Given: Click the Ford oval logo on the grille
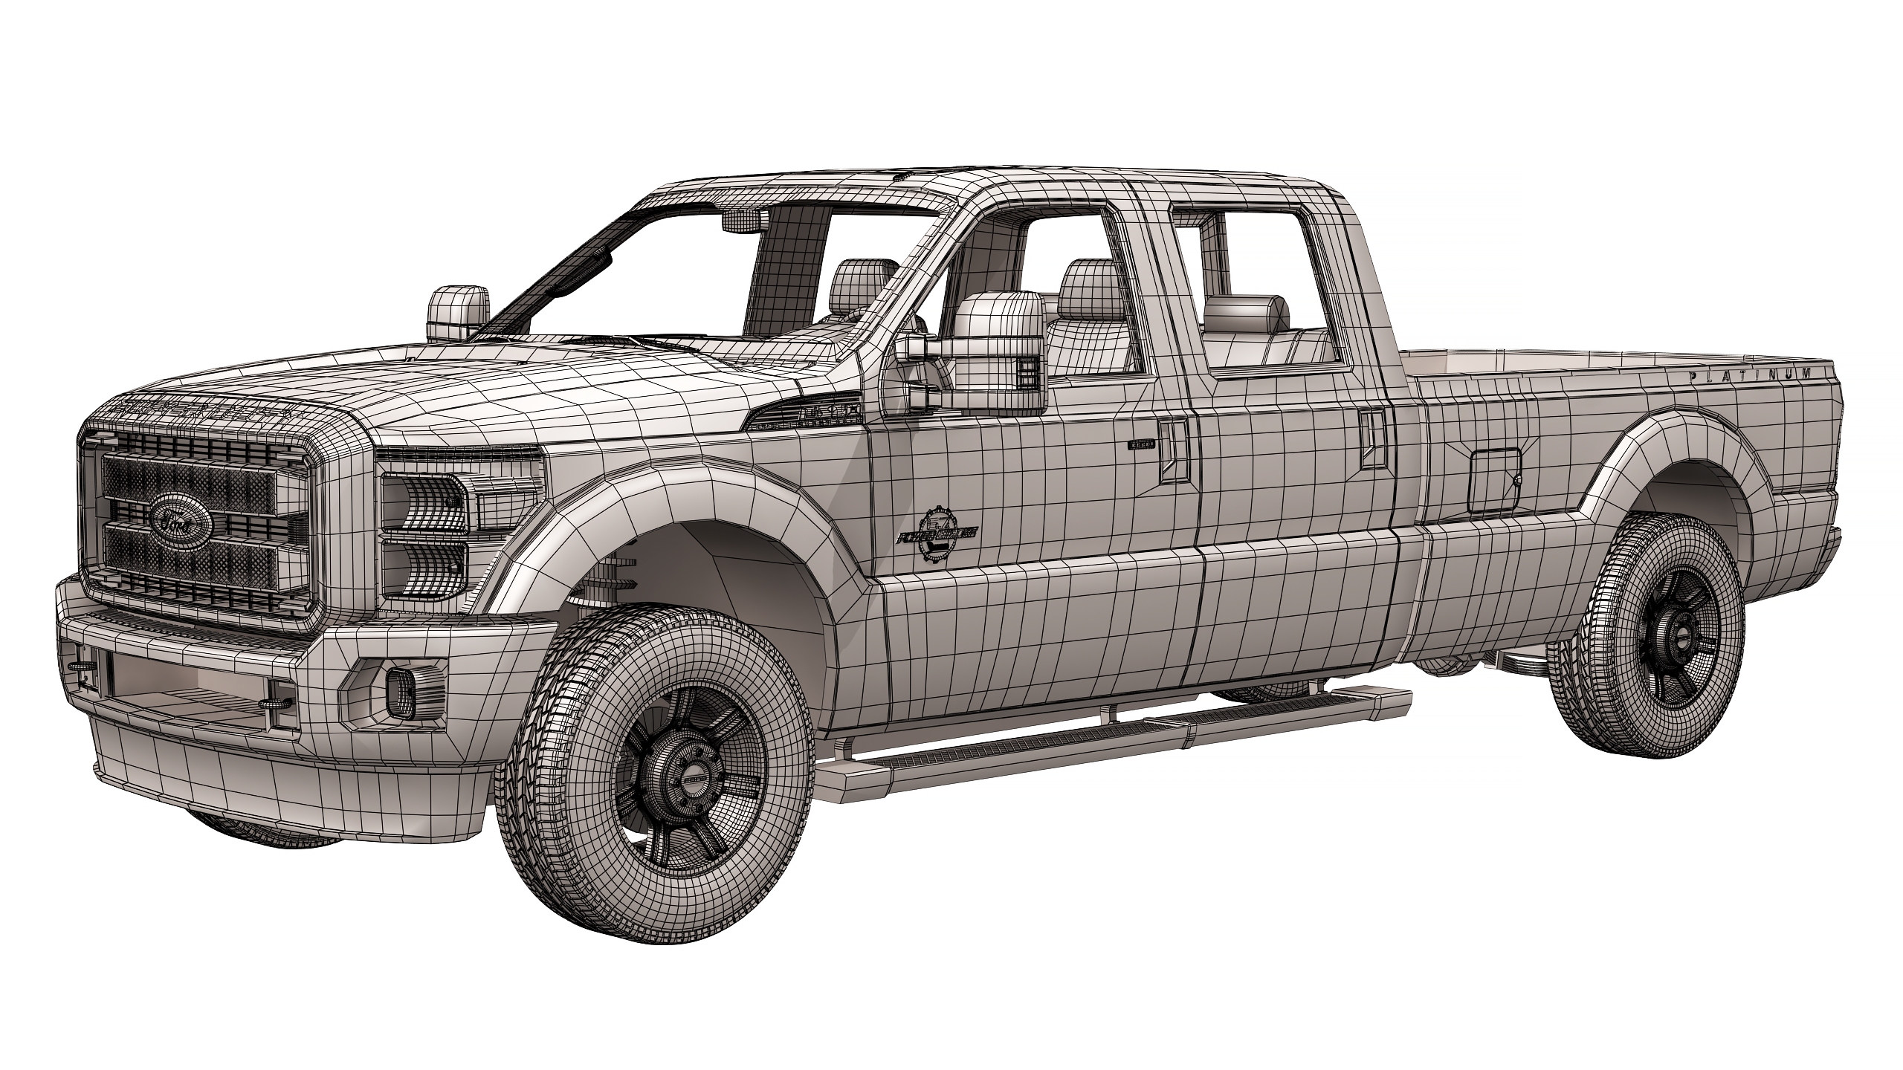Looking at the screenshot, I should (181, 513).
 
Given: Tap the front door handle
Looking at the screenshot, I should (1174, 448).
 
